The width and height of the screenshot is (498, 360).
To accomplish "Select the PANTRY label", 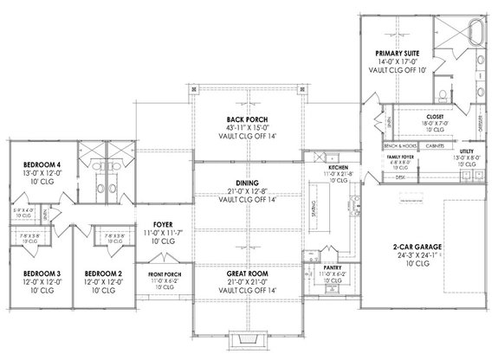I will click(332, 268).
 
